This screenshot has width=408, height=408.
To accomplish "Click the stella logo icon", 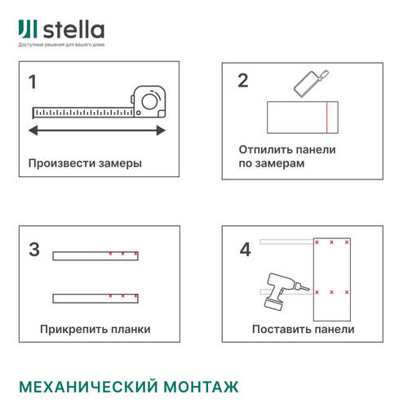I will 28,30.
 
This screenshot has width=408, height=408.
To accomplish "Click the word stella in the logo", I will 73,31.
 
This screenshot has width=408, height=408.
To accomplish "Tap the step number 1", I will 33,82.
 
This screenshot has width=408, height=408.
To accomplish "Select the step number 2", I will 242,80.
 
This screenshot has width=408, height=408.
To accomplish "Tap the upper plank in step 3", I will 95,255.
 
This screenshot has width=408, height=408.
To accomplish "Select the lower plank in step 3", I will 95,297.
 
